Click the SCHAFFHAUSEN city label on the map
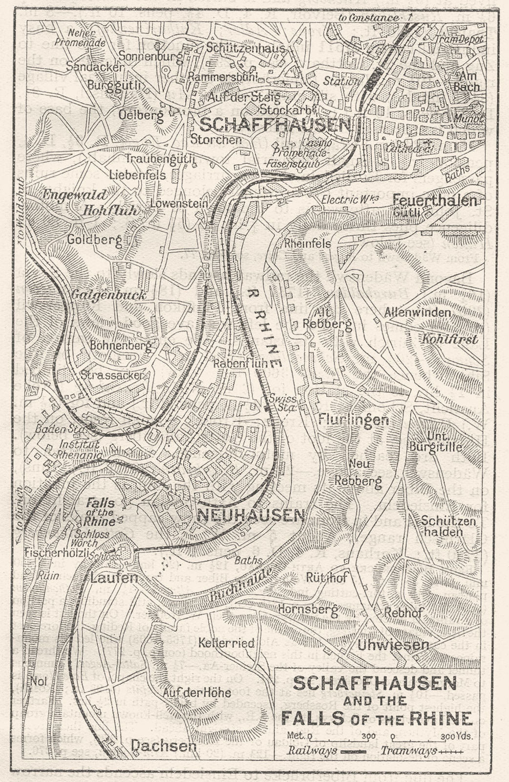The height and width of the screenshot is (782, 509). [276, 125]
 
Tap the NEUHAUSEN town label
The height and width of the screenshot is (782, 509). [251, 515]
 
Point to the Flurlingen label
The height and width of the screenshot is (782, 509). [354, 420]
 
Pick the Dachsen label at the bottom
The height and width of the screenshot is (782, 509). [163, 745]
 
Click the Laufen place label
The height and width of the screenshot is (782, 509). [114, 578]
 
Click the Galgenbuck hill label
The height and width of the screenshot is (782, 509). [108, 295]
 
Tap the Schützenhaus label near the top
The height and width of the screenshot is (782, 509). [238, 48]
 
